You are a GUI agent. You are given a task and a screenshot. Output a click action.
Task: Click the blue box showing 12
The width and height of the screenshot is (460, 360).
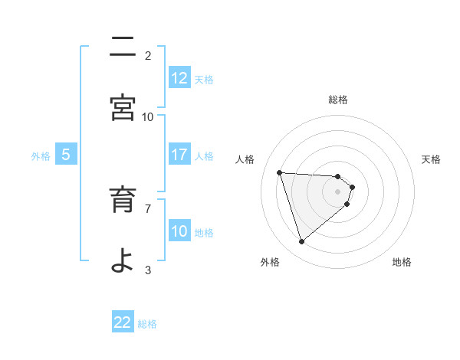[x=179, y=78]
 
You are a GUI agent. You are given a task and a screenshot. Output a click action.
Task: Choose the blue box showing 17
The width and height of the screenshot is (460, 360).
[x=179, y=155]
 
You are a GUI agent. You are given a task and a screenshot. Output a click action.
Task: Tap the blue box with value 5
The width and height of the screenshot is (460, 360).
[x=66, y=155]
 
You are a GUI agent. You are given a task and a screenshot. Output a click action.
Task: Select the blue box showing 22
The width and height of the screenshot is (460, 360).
[x=123, y=322]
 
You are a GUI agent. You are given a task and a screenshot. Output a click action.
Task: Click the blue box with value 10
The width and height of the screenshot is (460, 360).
[x=179, y=231]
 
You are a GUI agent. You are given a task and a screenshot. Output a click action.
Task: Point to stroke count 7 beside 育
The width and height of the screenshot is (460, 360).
[x=149, y=208]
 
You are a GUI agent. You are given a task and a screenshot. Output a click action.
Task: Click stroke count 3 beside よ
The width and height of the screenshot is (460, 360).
[x=149, y=269]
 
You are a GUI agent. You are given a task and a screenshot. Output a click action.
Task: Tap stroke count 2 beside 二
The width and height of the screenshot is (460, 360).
[x=149, y=55]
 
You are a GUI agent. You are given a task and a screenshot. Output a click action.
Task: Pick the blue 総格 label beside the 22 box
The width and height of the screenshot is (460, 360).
[x=148, y=324]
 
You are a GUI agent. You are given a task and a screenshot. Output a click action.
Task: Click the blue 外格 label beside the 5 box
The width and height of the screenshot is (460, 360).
[x=41, y=156]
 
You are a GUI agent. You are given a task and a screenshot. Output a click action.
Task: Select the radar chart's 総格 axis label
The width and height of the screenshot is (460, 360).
[x=338, y=100]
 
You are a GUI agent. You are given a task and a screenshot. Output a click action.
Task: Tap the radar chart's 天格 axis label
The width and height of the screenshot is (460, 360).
[x=432, y=159]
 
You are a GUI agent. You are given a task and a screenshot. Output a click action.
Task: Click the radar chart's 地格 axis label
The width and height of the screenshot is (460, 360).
[x=402, y=262]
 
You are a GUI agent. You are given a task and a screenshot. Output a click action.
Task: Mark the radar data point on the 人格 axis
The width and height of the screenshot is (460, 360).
[x=280, y=172]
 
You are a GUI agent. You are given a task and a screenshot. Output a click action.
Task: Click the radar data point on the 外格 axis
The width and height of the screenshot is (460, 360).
[x=302, y=242]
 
